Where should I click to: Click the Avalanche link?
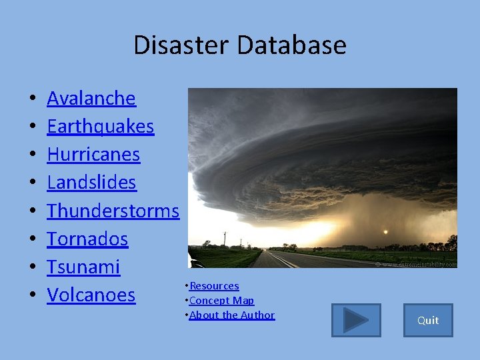91,99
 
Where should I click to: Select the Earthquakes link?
100,127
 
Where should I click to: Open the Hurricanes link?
93,155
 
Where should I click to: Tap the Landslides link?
91,183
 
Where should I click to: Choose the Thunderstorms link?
113,211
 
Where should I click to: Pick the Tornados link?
87,239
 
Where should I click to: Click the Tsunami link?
83,267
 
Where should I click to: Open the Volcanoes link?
91,295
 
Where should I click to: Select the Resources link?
214,286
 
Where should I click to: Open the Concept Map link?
221,301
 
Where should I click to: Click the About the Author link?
231,315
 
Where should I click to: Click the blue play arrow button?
356,321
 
